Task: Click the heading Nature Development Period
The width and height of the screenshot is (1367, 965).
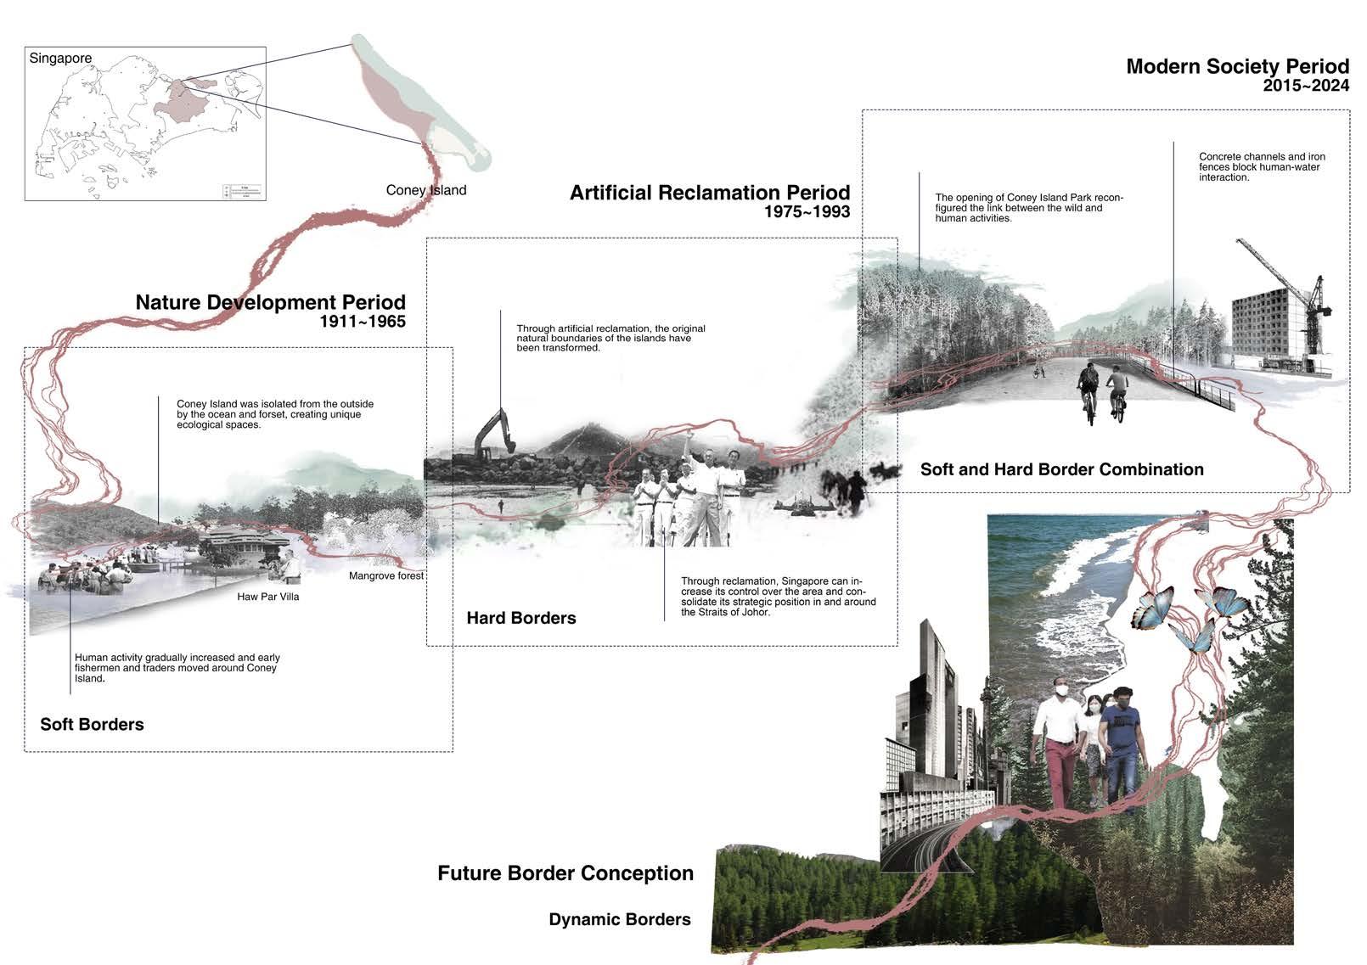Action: pos(270,302)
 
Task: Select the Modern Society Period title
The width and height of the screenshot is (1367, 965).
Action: pos(1237,66)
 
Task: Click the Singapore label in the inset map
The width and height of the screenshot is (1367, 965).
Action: pos(60,59)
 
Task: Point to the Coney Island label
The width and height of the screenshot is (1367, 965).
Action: pos(425,190)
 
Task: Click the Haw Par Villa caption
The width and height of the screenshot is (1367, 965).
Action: pos(267,597)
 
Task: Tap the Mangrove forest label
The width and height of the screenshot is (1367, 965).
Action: pos(385,576)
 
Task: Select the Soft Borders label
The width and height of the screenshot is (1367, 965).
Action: pos(92,724)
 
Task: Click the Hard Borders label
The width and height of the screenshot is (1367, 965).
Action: pos(520,618)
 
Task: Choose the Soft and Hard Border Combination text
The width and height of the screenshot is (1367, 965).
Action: pos(1061,469)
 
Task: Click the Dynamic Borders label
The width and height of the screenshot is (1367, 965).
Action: pos(619,919)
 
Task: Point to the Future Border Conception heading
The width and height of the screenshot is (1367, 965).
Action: pos(565,873)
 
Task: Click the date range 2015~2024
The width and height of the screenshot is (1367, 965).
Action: pos(1305,86)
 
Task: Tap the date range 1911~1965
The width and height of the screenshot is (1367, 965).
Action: pos(363,322)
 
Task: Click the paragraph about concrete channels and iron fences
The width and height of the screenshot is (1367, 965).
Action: pos(1261,167)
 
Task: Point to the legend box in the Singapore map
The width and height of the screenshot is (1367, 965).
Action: pos(243,191)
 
